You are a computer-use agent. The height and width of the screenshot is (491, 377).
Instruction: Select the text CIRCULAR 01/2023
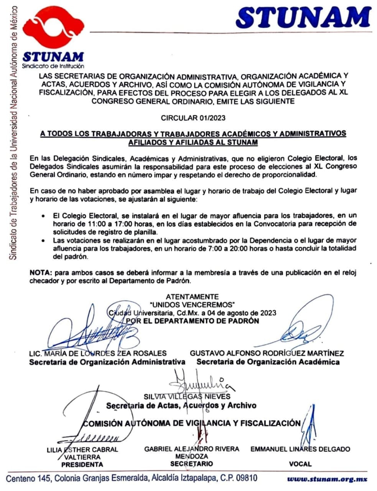click(x=193, y=118)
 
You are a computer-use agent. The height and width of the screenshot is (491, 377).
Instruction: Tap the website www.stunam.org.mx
click(x=327, y=479)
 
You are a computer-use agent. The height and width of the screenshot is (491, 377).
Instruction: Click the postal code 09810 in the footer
click(x=246, y=478)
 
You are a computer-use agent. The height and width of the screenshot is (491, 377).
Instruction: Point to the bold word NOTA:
click(x=41, y=273)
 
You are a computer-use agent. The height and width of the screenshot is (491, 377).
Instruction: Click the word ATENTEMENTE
click(x=192, y=297)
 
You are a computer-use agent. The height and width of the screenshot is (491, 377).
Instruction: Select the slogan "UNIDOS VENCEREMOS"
click(x=192, y=305)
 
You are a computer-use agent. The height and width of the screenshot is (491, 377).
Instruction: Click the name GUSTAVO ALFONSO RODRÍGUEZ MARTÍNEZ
click(x=267, y=353)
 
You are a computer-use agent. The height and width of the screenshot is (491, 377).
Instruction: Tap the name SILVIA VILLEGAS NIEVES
click(x=187, y=396)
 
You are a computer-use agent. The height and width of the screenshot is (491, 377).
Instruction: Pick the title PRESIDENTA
click(x=82, y=465)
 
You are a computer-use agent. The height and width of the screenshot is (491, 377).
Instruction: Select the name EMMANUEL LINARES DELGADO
click(x=300, y=449)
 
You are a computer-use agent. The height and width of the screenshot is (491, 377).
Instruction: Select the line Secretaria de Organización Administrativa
click(x=107, y=362)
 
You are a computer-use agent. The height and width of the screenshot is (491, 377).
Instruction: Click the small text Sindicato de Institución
click(x=53, y=66)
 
